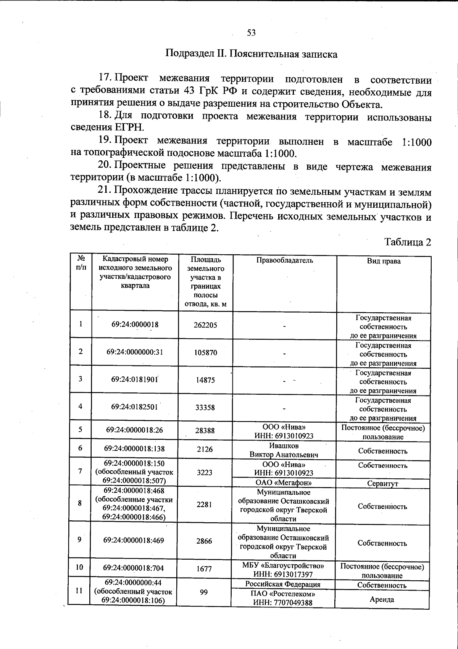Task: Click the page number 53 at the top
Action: tap(251, 33)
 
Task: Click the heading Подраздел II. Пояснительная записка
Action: tap(251, 54)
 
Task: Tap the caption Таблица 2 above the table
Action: tap(408, 242)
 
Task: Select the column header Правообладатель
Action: tap(284, 261)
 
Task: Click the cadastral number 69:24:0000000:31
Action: tap(135, 352)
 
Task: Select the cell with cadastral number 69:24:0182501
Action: tap(134, 407)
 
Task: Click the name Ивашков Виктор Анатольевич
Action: tap(284, 450)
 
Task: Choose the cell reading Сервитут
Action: tap(382, 484)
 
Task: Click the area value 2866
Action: tap(204, 541)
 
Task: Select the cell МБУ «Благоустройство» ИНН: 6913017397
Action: tap(283, 570)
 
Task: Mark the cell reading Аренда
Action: tap(382, 599)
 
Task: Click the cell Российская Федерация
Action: tap(283, 584)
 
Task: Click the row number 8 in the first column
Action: tap(80, 503)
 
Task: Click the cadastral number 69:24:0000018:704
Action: tap(133, 568)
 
